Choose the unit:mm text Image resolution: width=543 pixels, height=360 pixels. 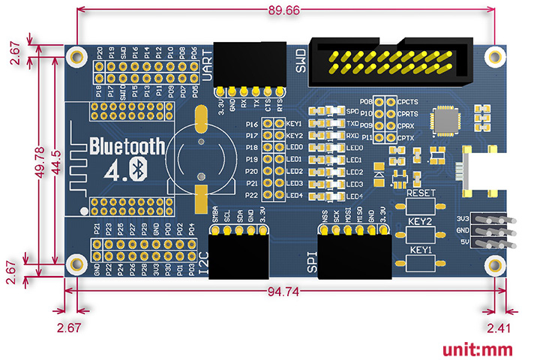pos(477,349)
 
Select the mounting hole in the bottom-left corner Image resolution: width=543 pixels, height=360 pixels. pos(76,262)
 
